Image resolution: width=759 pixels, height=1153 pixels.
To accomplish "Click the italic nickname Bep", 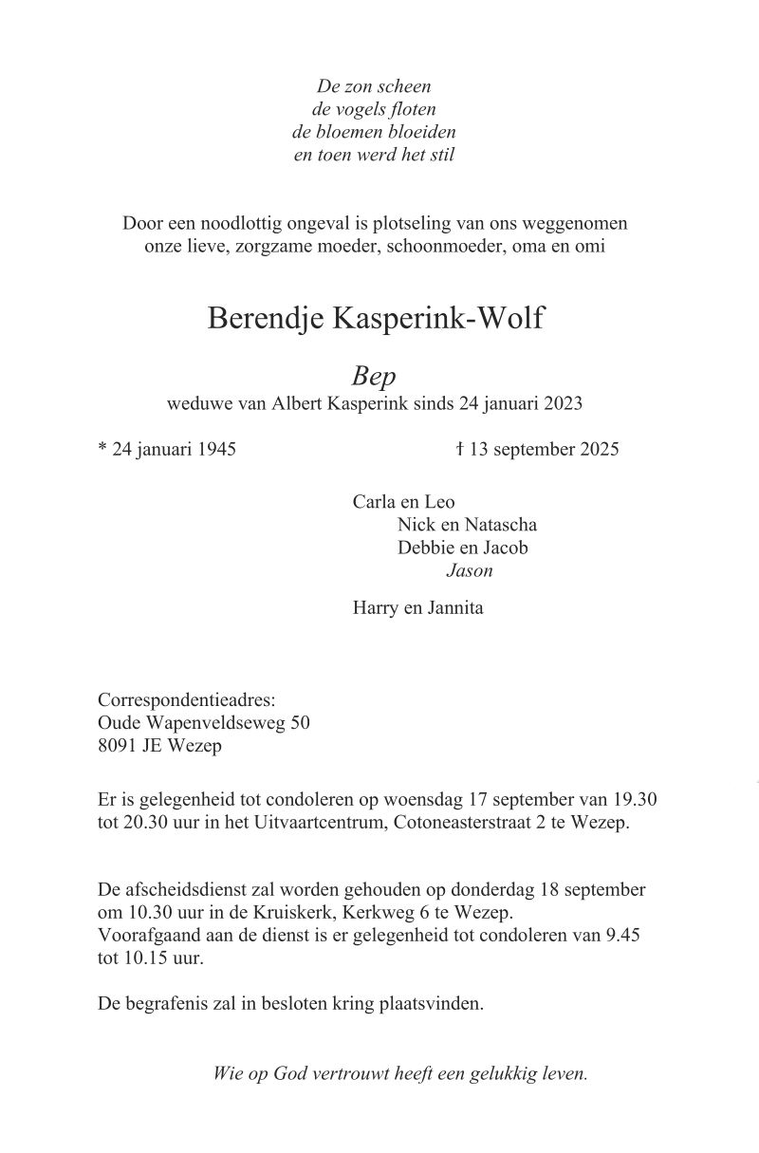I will (374, 377).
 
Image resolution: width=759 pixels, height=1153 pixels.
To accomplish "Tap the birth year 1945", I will (216, 449).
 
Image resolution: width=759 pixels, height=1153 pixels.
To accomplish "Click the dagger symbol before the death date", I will (459, 448).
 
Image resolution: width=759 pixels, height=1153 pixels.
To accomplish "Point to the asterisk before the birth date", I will (102, 448).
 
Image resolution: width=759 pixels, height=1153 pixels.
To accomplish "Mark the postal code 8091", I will (118, 746).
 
